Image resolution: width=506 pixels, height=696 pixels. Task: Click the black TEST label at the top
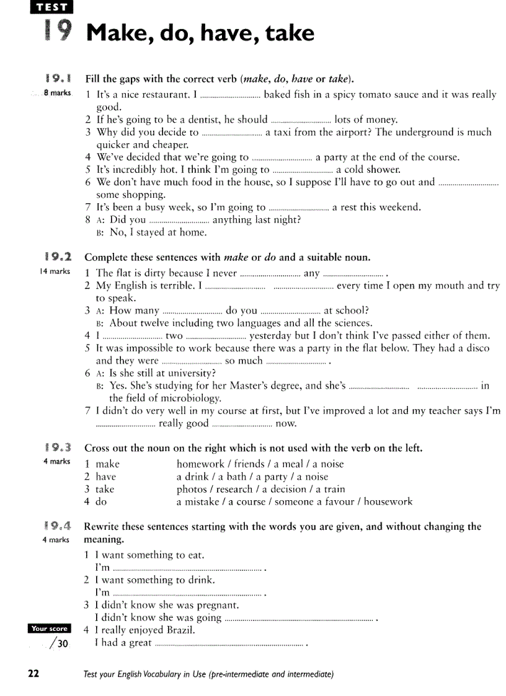click(51, 7)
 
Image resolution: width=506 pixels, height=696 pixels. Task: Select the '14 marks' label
click(55, 271)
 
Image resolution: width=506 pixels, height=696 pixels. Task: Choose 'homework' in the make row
click(200, 464)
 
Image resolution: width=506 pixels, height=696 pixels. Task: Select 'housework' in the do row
click(388, 501)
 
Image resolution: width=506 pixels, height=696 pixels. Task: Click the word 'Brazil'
click(181, 630)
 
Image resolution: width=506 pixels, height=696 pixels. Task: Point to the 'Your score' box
click(50, 628)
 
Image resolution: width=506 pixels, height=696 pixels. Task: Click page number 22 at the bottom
click(33, 674)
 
